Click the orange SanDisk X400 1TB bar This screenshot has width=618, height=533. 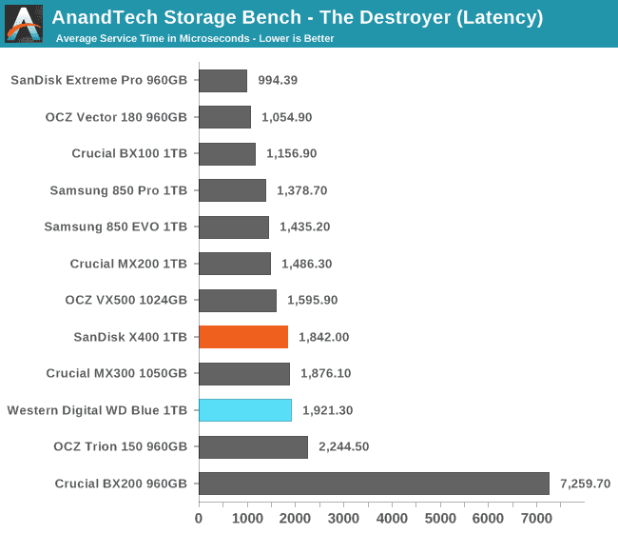point(243,337)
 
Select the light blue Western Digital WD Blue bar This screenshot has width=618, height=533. point(245,410)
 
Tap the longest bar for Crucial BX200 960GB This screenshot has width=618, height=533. point(374,484)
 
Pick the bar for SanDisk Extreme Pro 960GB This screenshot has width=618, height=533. point(222,81)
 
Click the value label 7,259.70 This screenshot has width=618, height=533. point(585,484)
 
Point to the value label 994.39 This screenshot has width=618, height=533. point(278,81)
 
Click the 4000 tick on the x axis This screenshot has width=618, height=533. point(392,518)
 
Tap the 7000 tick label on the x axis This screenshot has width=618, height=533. point(536,518)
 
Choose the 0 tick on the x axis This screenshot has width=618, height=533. point(199,518)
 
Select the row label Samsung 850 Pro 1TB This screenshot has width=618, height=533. point(118,190)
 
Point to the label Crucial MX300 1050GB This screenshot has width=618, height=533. point(116,373)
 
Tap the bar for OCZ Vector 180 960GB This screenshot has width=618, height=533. point(224,117)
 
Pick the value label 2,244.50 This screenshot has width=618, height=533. point(345,446)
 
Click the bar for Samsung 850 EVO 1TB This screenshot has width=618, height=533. point(234,227)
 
